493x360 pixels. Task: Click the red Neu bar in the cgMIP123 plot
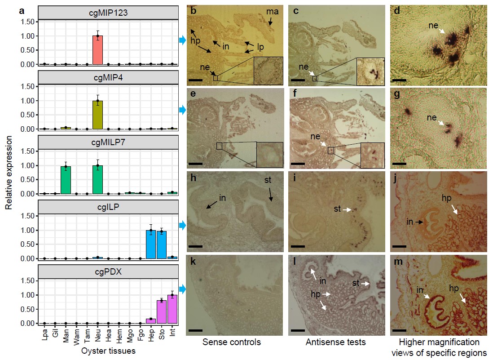tap(97, 50)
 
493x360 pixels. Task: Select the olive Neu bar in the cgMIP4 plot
tap(97, 115)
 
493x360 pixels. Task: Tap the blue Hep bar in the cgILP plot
tap(151, 244)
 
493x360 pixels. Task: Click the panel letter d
tap(396, 10)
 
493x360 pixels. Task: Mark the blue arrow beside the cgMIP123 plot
tap(182, 41)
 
